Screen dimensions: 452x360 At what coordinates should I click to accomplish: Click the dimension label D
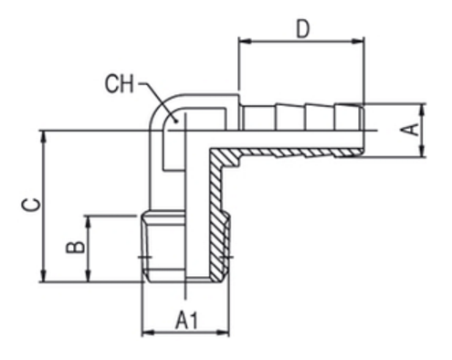tap(302, 29)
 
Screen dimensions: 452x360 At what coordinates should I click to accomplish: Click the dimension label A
tap(409, 130)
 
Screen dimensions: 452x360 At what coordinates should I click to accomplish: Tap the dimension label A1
tap(186, 320)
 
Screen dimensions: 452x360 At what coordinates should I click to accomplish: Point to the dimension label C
tap(31, 205)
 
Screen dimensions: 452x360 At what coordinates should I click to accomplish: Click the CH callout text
tap(120, 83)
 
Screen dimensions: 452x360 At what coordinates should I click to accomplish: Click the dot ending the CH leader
tap(175, 122)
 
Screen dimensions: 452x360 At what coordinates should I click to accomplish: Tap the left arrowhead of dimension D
tap(246, 41)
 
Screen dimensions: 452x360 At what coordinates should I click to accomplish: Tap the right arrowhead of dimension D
tap(358, 41)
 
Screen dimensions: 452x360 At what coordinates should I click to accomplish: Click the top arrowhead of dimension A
tap(422, 111)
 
